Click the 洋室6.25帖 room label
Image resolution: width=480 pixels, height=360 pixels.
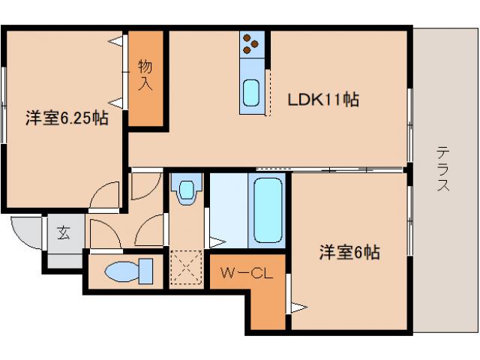coord(66,118)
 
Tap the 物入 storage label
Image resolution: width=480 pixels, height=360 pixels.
coord(145,75)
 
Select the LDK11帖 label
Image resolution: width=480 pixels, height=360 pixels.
coord(323,99)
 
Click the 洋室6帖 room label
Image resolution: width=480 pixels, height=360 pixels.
coord(349,253)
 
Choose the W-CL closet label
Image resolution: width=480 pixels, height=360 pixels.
coord(245,275)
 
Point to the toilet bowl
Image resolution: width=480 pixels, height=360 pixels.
coord(121,271)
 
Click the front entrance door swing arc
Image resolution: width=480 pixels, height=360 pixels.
coord(27,232)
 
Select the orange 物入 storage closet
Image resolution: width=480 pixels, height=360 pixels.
coord(145,79)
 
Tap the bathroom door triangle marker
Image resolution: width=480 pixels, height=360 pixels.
coord(215,241)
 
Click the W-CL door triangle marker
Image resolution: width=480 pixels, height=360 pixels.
coord(298,307)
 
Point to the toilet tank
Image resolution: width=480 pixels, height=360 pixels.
coord(145,271)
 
